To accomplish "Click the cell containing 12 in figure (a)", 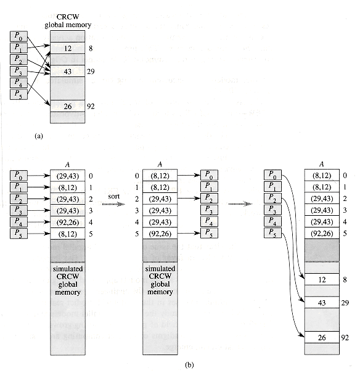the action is tap(68, 48).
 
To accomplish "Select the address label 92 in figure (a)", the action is tap(91, 106).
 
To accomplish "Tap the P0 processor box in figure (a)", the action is tap(18, 36).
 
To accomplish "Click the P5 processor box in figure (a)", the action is tap(18, 94).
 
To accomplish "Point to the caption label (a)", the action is tap(39, 136).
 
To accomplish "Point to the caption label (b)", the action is tap(189, 365).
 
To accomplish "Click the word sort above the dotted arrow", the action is tap(113, 196).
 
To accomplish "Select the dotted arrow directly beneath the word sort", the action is tap(113, 204).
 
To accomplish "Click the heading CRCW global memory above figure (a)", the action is tap(68, 21).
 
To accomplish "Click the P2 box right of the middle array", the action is tap(209, 199).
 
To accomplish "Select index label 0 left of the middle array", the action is tap(137, 176).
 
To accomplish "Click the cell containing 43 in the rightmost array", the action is tap(322, 303).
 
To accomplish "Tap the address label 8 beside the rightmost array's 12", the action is tap(345, 279).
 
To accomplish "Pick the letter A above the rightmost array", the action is tap(322, 164).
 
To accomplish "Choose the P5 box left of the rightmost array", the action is tap(272, 233).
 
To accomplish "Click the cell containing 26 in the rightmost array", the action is tap(322, 337).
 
